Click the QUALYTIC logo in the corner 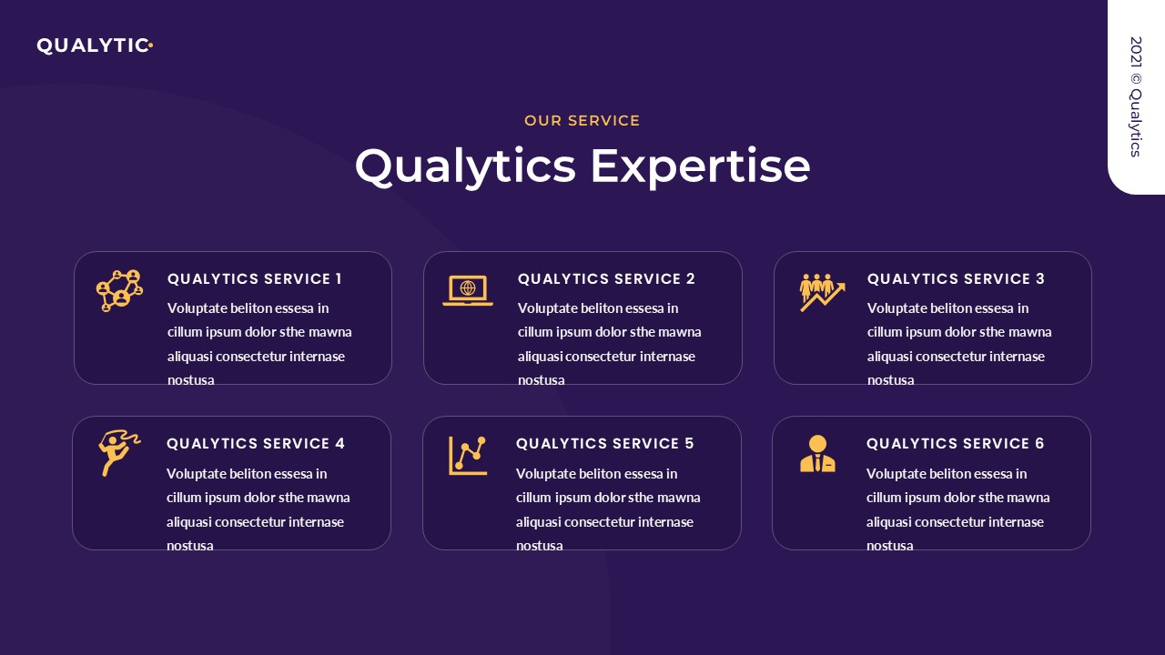pyautogui.click(x=93, y=45)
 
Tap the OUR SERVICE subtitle pyautogui.click(x=582, y=120)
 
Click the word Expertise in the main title pyautogui.click(x=700, y=166)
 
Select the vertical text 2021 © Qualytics pyautogui.click(x=1135, y=96)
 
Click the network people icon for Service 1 pyautogui.click(x=119, y=290)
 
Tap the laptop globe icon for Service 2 pyautogui.click(x=468, y=290)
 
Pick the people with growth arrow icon pyautogui.click(x=822, y=291)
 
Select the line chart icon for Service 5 pyautogui.click(x=468, y=456)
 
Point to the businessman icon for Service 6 pyautogui.click(x=817, y=454)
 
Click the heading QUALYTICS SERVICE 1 pyautogui.click(x=255, y=279)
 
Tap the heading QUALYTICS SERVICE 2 pyautogui.click(x=606, y=279)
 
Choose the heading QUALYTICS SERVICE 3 pyautogui.click(x=956, y=279)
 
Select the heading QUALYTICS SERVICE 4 pyautogui.click(x=256, y=444)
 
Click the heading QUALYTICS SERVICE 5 pyautogui.click(x=605, y=444)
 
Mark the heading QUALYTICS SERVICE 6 pyautogui.click(x=956, y=444)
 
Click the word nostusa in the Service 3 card pyautogui.click(x=891, y=380)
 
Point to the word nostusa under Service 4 pyautogui.click(x=190, y=546)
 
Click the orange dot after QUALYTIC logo pyautogui.click(x=150, y=44)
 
